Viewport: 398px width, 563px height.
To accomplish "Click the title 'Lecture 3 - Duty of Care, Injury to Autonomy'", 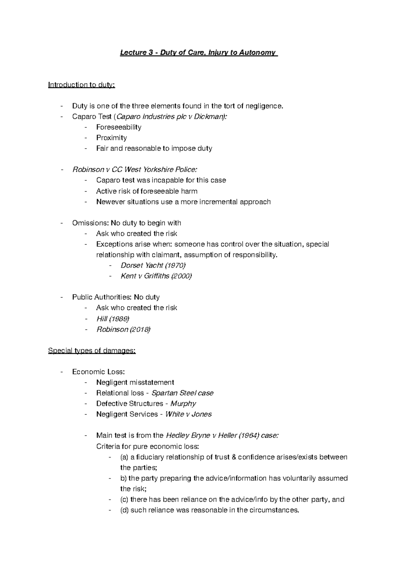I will click(199, 52).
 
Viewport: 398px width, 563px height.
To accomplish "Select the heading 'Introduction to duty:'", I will click(82, 85).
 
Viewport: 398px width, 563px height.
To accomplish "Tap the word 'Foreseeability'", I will click(119, 127).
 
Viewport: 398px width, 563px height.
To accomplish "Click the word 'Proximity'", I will click(111, 138).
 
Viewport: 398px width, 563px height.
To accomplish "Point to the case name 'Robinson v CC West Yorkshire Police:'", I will click(135, 170).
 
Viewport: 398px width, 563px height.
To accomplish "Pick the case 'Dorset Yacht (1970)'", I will click(153, 265).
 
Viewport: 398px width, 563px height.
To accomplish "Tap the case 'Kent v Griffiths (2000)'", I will click(156, 276).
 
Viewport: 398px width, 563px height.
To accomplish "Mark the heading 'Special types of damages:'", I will click(92, 351).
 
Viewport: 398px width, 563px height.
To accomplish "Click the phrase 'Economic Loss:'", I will click(99, 372).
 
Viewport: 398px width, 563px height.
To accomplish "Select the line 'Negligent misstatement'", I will click(135, 382).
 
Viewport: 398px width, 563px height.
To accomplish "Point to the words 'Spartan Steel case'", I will click(182, 393).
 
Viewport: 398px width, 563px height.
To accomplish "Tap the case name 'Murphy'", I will click(183, 404).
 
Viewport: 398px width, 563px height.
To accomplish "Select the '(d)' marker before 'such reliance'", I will click(124, 510).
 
